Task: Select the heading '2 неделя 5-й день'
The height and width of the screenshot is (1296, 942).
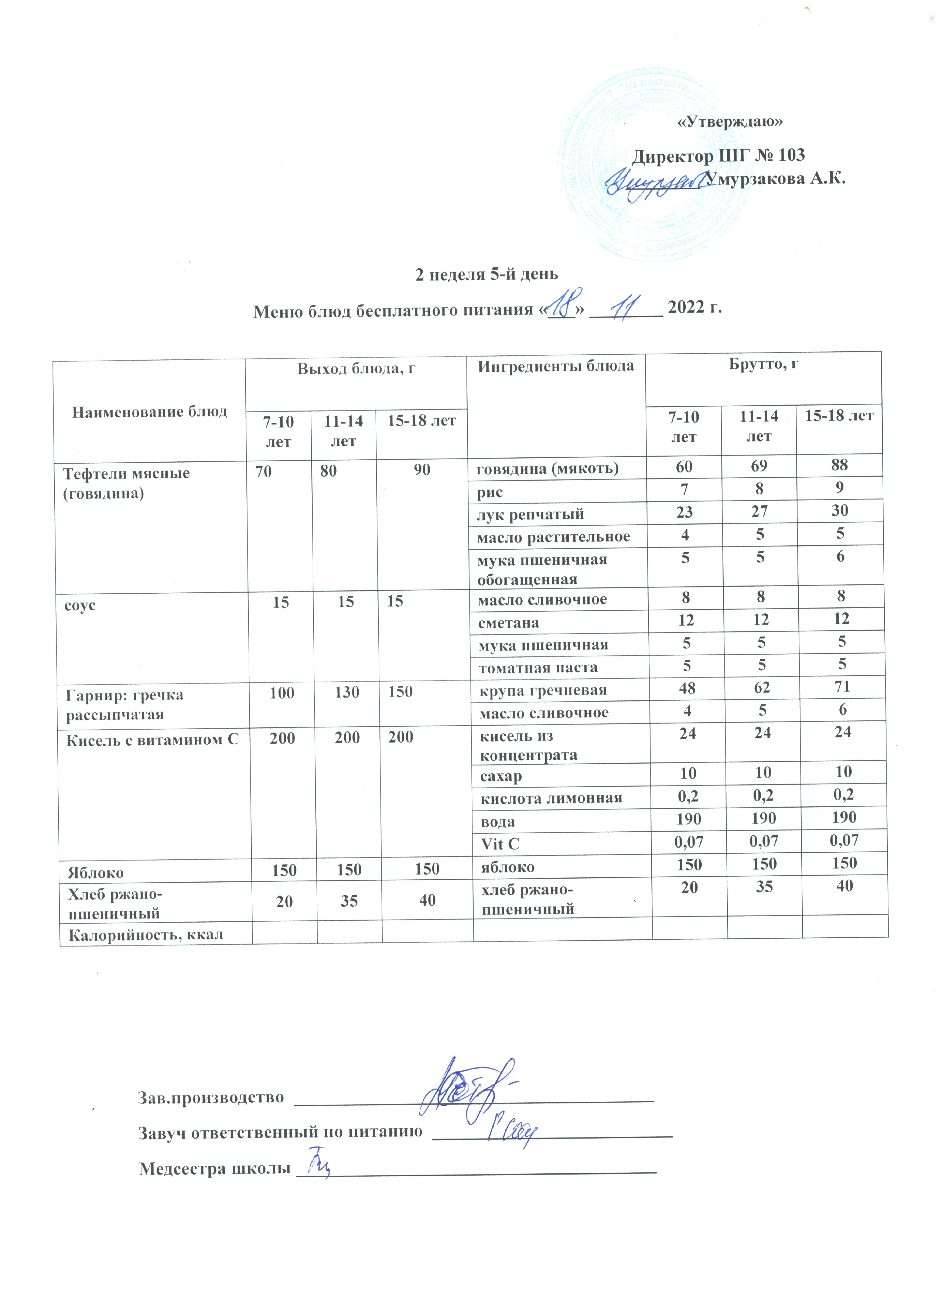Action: (486, 274)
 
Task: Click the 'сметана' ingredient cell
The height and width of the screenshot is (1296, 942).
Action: (508, 622)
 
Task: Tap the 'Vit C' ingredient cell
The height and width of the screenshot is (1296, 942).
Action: (500, 843)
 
